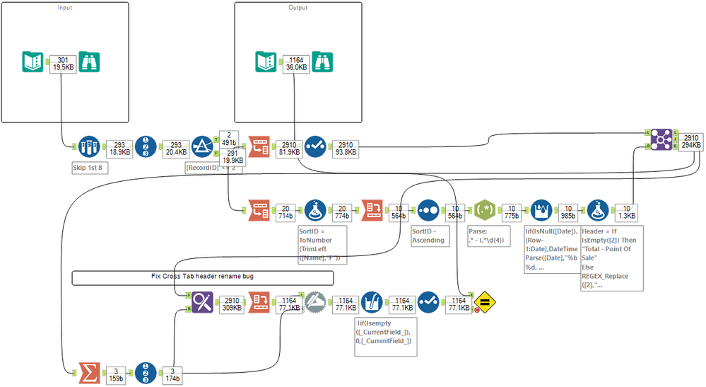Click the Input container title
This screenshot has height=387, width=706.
point(64,7)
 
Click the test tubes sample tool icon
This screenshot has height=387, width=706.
point(89,147)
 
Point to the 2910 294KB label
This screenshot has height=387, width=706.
point(691,141)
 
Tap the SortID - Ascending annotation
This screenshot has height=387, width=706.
point(427,235)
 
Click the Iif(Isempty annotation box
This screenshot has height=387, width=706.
point(385,336)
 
